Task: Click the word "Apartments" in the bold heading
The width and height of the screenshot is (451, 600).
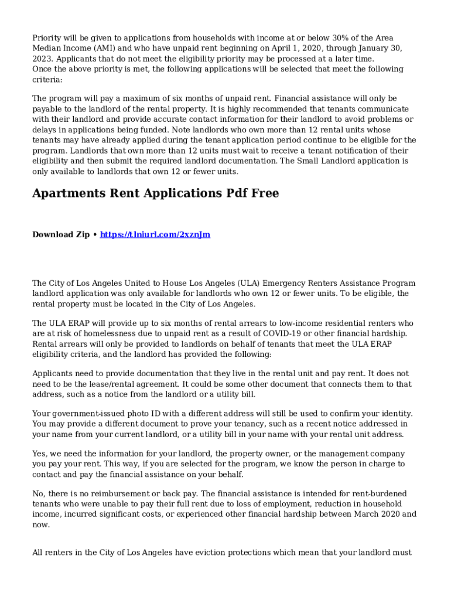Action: click(x=69, y=193)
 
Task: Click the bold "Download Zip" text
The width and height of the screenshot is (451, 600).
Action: click(x=61, y=235)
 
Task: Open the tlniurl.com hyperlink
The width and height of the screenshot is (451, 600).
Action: click(x=155, y=235)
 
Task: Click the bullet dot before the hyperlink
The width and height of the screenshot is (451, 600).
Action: click(x=95, y=235)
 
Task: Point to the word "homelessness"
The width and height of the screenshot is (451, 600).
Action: click(x=98, y=334)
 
